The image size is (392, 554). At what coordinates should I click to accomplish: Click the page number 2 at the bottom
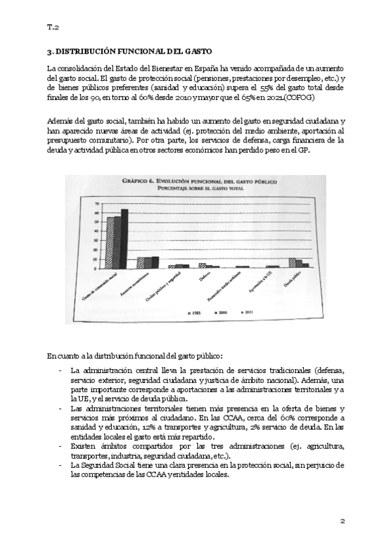pyautogui.click(x=342, y=521)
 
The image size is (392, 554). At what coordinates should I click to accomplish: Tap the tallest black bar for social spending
pyautogui.click(x=125, y=237)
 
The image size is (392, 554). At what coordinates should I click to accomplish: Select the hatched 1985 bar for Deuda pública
pyautogui.click(x=292, y=263)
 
